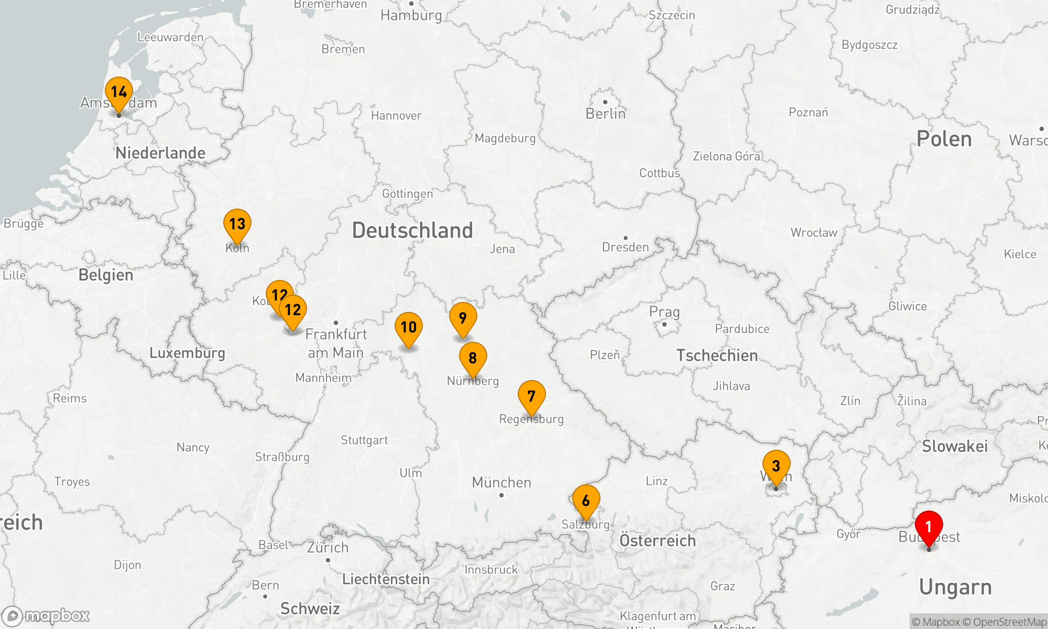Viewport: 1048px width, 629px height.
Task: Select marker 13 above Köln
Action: pos(237,224)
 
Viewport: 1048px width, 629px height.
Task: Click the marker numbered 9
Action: pos(463,318)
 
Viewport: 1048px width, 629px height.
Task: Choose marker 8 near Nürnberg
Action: pos(473,358)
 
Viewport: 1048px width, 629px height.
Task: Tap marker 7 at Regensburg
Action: pos(531,396)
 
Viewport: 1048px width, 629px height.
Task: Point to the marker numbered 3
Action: pos(776,466)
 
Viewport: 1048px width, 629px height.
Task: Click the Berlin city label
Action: pos(605,114)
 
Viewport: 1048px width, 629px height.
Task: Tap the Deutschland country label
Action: pos(412,231)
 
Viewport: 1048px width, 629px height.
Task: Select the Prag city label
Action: pos(664,312)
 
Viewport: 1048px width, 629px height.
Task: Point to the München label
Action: pos(501,482)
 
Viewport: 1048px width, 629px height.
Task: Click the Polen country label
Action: pos(944,139)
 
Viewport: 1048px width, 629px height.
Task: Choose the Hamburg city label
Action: pos(411,15)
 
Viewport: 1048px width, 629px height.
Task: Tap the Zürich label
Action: pos(327,548)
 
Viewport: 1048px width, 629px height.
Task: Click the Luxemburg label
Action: pos(187,353)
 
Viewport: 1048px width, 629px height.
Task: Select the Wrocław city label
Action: pos(814,233)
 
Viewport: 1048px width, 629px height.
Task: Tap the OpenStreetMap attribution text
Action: pos(1009,622)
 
